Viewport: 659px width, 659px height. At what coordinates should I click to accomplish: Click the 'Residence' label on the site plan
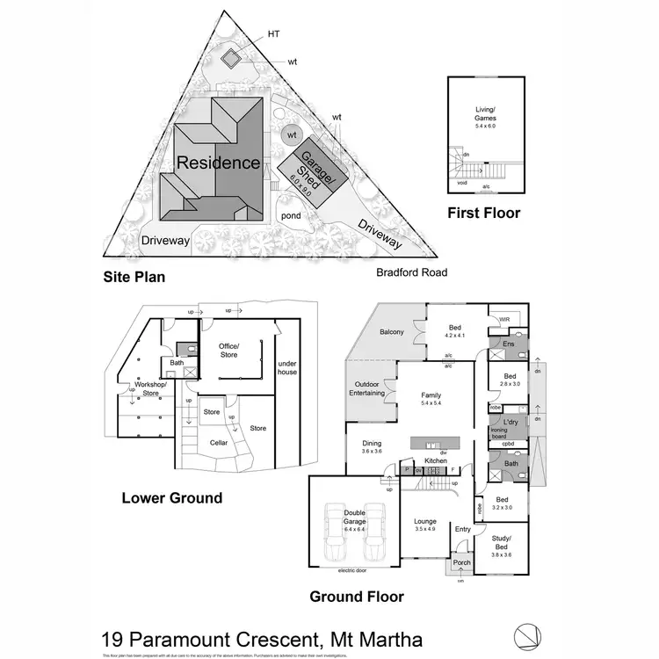[219, 163]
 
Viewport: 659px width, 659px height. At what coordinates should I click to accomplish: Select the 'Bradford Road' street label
[412, 272]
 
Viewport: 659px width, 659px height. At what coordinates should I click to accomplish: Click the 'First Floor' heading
[483, 213]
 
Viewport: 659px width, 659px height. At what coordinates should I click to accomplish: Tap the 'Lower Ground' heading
[172, 498]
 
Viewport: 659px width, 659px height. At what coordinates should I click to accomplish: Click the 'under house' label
[287, 366]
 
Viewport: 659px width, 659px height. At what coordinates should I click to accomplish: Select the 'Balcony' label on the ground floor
[392, 332]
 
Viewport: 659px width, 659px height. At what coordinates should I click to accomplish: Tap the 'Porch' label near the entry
[461, 562]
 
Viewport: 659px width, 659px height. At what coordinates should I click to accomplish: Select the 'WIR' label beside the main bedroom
[504, 320]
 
